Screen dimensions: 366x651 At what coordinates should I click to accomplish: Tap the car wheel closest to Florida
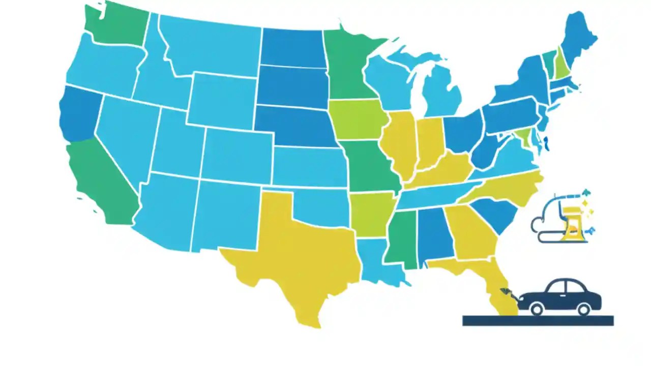point(537,308)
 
